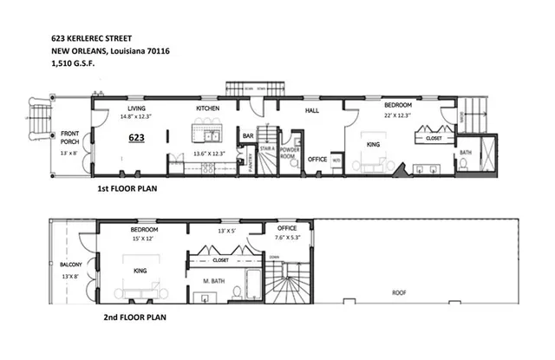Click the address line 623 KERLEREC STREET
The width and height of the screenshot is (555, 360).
pyautogui.click(x=94, y=39)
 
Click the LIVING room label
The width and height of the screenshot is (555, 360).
pyautogui.click(x=136, y=108)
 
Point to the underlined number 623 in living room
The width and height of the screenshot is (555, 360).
pyautogui.click(x=136, y=138)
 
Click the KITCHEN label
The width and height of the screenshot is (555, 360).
pyautogui.click(x=207, y=108)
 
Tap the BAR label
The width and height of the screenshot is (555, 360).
pyautogui.click(x=247, y=136)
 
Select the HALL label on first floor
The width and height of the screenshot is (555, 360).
pyautogui.click(x=313, y=111)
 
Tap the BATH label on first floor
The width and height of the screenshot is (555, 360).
pyautogui.click(x=465, y=153)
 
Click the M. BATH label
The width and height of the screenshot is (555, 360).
pyautogui.click(x=213, y=281)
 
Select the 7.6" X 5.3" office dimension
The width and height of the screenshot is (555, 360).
pyautogui.click(x=287, y=239)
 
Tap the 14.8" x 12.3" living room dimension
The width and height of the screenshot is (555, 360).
pyautogui.click(x=137, y=115)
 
